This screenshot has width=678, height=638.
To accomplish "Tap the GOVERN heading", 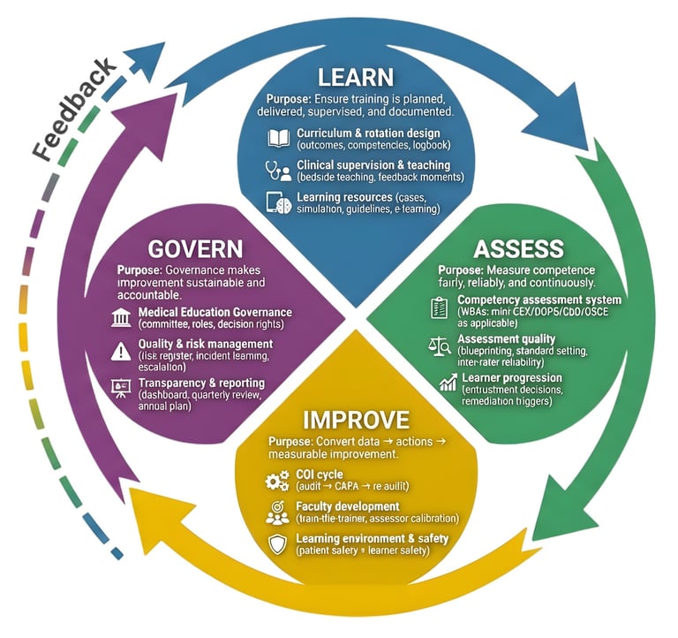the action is click(x=195, y=247).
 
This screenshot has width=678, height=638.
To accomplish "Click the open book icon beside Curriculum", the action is click(x=278, y=138).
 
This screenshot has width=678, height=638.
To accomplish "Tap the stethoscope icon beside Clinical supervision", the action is click(x=278, y=170).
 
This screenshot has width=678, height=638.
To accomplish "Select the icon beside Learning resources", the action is click(x=278, y=201).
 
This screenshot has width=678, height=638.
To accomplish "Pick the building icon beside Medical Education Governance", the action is click(x=122, y=318).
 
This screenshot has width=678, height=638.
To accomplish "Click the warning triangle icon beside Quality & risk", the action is click(x=122, y=350).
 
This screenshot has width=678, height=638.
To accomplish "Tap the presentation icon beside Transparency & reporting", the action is click(x=122, y=386).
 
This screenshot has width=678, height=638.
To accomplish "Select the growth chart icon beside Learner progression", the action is click(x=448, y=382).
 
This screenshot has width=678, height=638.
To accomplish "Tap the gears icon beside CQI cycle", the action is click(x=277, y=480).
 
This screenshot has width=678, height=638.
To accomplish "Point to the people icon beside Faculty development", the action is click(x=277, y=512).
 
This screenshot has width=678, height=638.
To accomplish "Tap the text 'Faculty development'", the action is click(x=348, y=506).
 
